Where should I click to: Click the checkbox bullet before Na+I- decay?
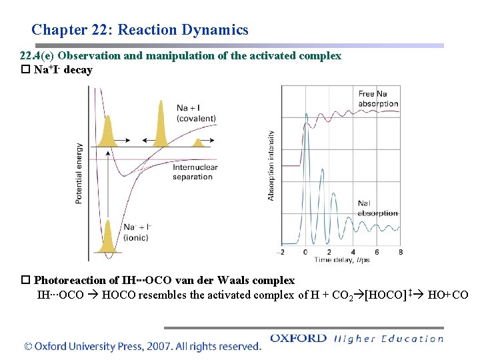click(x=26, y=70)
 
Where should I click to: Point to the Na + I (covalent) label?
click(x=196, y=113)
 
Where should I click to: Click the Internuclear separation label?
click(x=192, y=173)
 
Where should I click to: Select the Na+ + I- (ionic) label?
click(x=137, y=233)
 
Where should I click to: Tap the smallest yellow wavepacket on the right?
click(x=197, y=143)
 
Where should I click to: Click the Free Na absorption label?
click(x=378, y=99)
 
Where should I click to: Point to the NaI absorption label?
click(x=377, y=208)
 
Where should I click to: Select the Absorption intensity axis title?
click(x=271, y=165)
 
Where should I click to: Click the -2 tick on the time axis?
click(x=281, y=252)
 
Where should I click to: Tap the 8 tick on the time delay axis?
click(x=400, y=252)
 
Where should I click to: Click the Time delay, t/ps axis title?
click(x=342, y=259)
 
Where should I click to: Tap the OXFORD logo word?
click(x=298, y=338)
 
